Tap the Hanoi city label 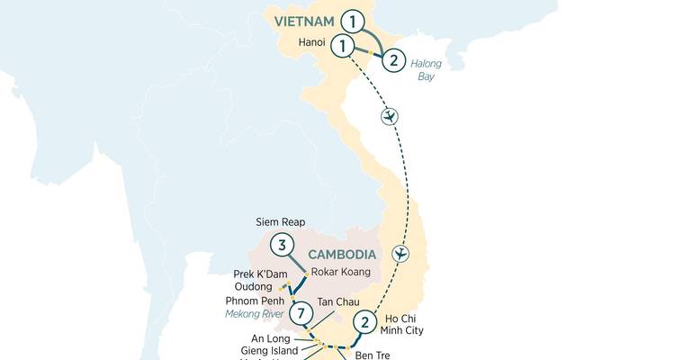click(312, 42)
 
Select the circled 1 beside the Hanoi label click(342, 44)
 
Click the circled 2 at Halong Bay click(393, 61)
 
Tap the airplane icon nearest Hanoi click(390, 117)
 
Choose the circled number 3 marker click(283, 245)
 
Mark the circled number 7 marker click(302, 314)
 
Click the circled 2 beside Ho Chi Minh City click(364, 321)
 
